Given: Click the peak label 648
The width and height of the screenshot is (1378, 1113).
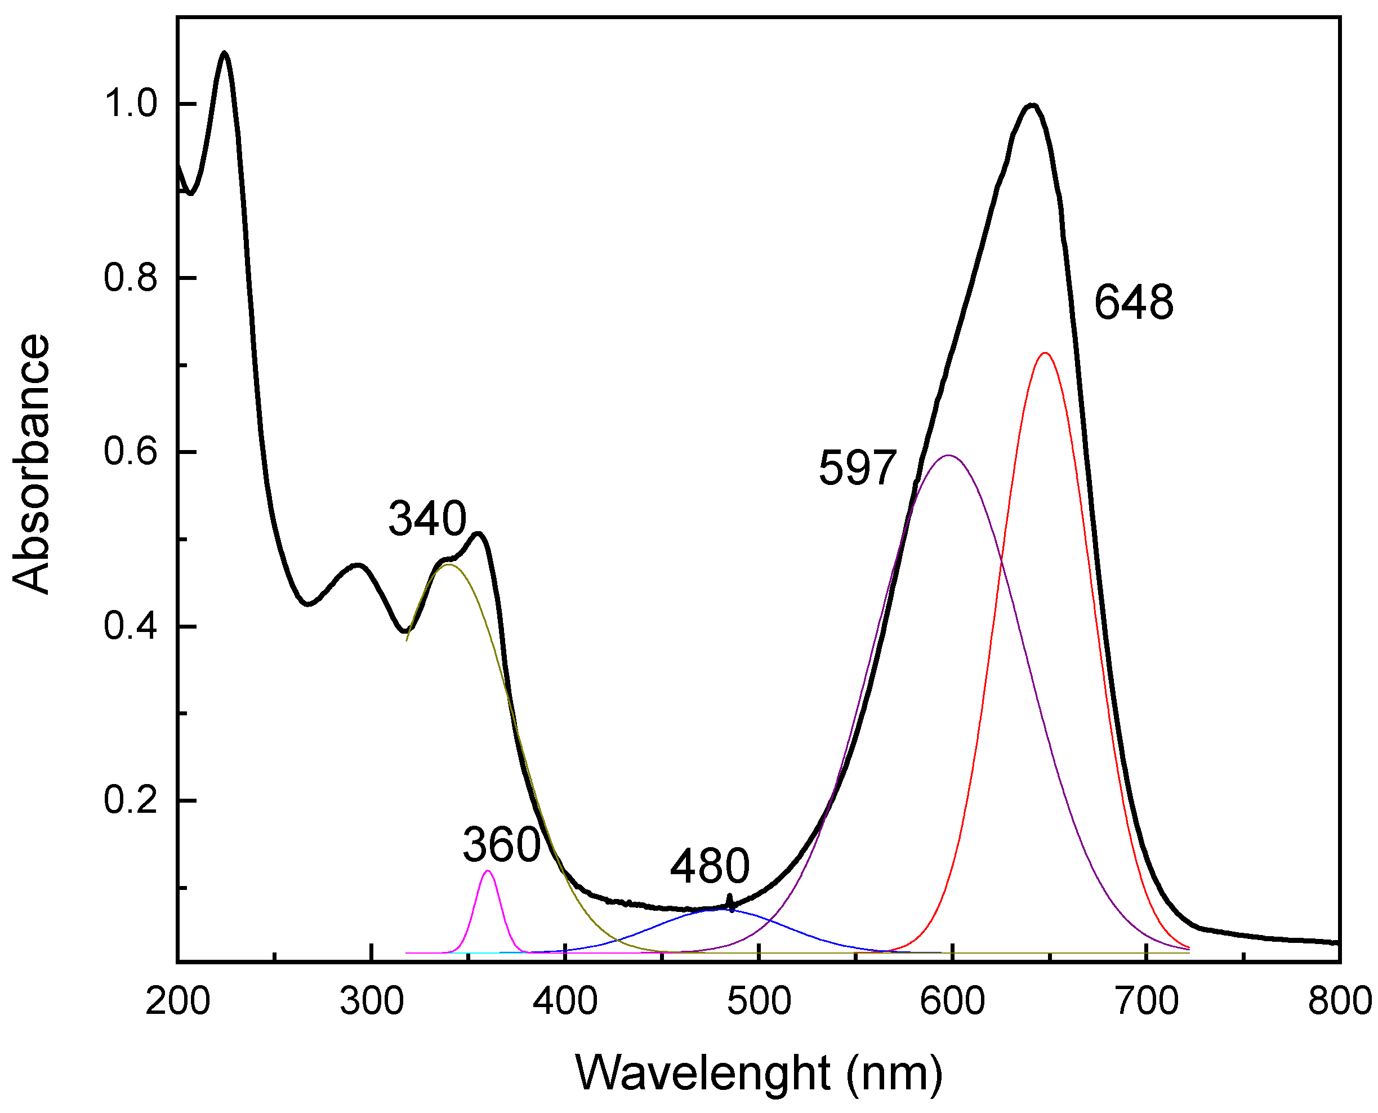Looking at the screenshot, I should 1133,302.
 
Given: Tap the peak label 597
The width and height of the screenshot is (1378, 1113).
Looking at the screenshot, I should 858,468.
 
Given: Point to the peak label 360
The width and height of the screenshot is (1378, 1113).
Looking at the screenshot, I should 502,845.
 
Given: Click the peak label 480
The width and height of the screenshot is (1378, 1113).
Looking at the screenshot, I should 710,866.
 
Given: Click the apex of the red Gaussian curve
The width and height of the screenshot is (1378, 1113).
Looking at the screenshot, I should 1045,353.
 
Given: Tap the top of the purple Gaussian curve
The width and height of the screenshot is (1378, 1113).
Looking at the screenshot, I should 948,455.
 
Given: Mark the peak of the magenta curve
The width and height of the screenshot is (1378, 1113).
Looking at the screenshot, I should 488,871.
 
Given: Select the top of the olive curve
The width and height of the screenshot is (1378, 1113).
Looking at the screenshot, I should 449,564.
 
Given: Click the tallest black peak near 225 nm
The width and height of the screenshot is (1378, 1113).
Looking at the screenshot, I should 224,52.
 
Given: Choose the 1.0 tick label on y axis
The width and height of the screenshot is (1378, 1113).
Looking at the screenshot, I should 131,104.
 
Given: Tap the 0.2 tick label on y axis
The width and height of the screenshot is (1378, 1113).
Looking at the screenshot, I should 131,801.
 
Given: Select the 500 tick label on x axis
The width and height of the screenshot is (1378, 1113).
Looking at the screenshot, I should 759,1001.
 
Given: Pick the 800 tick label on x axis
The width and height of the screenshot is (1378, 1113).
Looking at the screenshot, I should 1338,1001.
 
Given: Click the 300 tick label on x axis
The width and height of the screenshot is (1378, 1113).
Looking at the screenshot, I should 371,1001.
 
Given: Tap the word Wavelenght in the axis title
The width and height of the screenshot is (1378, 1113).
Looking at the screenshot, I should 702,1072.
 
